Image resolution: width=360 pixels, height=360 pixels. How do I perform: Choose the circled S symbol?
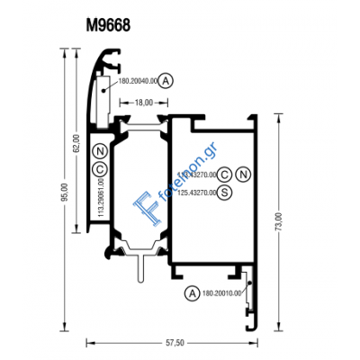224,191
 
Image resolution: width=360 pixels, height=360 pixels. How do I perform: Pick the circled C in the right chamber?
225,174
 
